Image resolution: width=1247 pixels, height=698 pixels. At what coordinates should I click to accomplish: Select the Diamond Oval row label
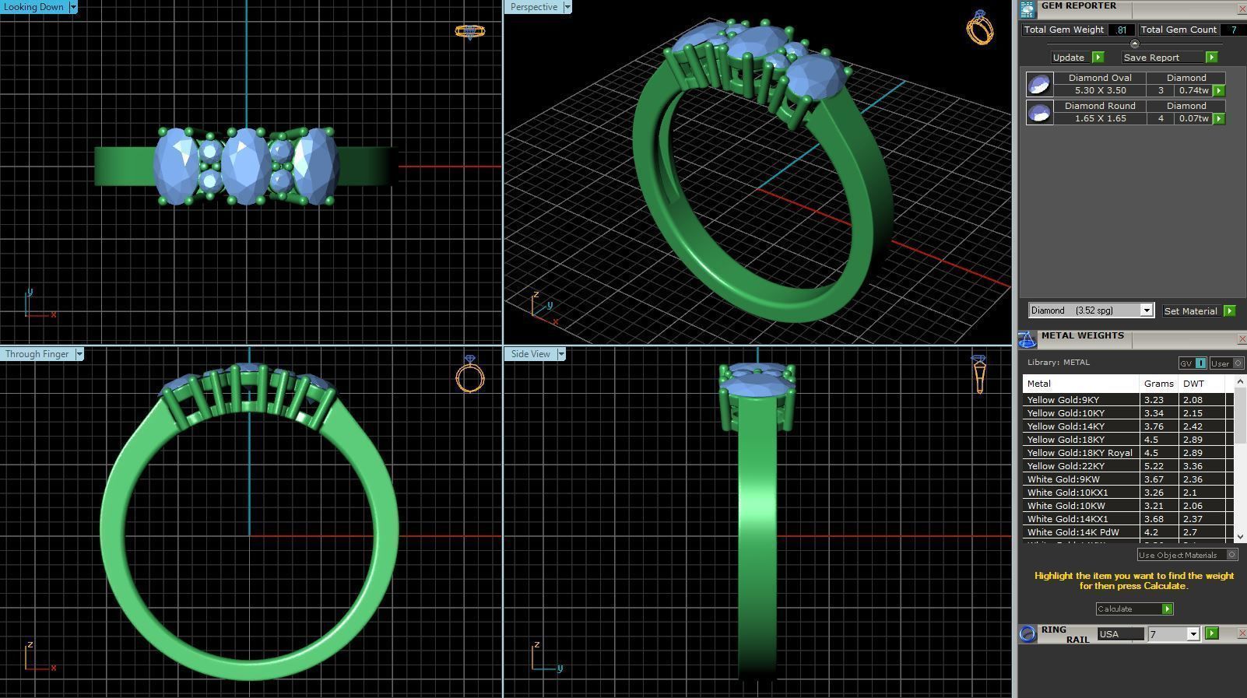(x=1099, y=78)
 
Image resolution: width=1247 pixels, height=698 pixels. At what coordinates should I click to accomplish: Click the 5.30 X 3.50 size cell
(x=1099, y=90)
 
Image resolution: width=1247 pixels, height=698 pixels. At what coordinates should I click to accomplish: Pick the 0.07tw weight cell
(x=1193, y=118)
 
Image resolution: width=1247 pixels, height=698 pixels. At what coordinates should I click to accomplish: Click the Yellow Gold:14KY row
(x=1066, y=426)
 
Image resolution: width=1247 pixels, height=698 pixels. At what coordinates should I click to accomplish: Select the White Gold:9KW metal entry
(x=1063, y=479)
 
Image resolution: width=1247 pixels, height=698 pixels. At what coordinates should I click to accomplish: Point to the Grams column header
(x=1158, y=384)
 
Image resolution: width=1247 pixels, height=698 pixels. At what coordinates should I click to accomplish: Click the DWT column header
(x=1193, y=384)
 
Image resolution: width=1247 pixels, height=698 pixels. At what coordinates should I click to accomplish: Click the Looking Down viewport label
(x=34, y=7)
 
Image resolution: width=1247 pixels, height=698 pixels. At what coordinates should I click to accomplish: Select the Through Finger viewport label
(x=37, y=354)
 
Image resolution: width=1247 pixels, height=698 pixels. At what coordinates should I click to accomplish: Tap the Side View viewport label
(x=531, y=354)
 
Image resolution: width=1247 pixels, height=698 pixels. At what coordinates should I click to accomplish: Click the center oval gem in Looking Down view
(x=246, y=166)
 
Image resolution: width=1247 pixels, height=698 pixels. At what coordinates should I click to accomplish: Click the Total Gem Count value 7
(x=1232, y=30)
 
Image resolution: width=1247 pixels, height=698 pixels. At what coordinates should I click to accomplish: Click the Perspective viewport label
(x=534, y=7)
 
